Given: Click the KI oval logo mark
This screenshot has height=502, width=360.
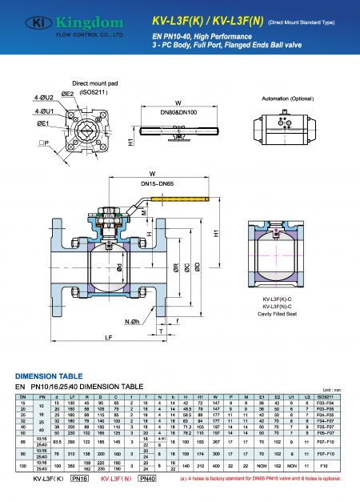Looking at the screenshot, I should pyautogui.click(x=30, y=22).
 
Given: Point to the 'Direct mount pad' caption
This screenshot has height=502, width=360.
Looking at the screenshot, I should pyautogui.click(x=94, y=83).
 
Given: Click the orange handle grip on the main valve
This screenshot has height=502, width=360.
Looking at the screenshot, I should pyautogui.click(x=181, y=214).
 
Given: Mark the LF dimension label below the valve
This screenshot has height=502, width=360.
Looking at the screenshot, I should pyautogui.click(x=107, y=337).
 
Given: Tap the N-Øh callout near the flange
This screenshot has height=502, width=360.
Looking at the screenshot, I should pyautogui.click(x=132, y=321).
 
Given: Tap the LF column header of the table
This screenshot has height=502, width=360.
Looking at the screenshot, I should pyautogui.click(x=73, y=396).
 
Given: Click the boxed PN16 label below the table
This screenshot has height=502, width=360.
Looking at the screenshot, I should pyautogui.click(x=80, y=478).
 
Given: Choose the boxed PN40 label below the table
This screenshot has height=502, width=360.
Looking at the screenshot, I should pyautogui.click(x=147, y=478).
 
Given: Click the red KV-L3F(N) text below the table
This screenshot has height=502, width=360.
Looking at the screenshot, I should pyautogui.click(x=117, y=478).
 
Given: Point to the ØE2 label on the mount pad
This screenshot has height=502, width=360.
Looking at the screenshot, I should pyautogui.click(x=67, y=94).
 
